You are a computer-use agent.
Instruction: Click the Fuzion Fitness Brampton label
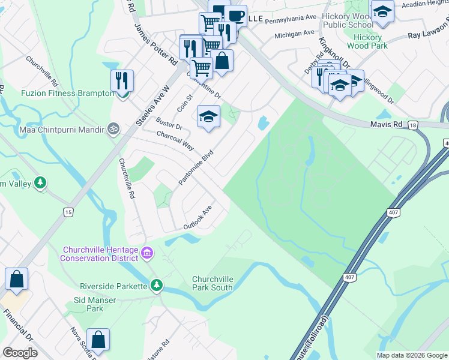tap(59, 93)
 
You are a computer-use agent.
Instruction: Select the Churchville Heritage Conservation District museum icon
tap(146, 254)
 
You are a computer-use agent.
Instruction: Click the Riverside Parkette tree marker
tap(157, 284)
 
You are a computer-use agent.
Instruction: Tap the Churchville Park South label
tap(212, 284)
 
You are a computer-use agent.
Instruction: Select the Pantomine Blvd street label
tap(196, 167)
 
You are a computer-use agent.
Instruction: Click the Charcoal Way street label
tap(174, 142)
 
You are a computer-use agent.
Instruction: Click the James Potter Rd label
tap(155, 45)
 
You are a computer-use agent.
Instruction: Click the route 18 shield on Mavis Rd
tap(412, 125)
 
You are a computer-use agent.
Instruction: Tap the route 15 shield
tap(68, 212)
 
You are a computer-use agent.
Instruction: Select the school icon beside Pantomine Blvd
tap(208, 116)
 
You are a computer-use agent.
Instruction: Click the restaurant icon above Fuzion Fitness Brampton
tap(122, 80)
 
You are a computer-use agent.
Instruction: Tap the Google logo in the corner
tap(20, 352)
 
